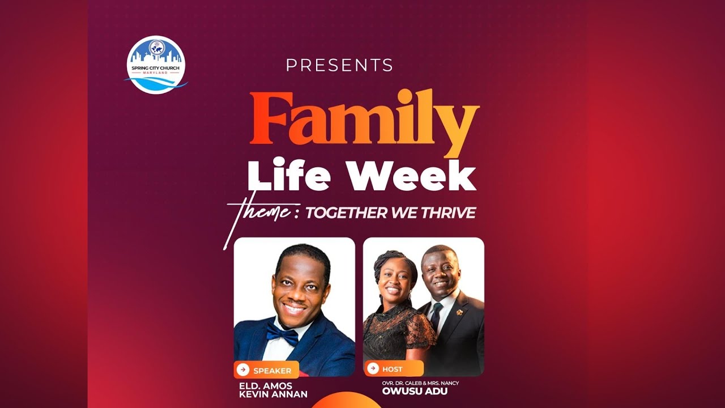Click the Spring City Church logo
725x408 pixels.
point(156,64)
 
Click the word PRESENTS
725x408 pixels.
point(339,65)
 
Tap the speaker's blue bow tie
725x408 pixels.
point(282,334)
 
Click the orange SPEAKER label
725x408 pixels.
point(266,371)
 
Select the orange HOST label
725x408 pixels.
point(394,369)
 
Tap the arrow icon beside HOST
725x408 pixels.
point(373,368)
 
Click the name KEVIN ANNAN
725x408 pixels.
point(274,394)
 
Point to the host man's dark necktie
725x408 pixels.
point(436,315)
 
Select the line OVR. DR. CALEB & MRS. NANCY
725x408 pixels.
point(420,383)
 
